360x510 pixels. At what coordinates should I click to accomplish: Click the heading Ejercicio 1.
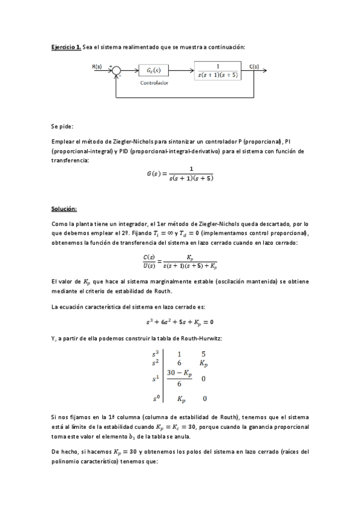coord(66,47)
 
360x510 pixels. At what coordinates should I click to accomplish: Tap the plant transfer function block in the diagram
coord(217,70)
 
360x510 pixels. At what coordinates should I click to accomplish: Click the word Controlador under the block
coord(154,83)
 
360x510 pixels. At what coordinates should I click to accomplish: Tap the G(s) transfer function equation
coord(180,173)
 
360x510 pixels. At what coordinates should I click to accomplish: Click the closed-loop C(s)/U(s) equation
coord(180,260)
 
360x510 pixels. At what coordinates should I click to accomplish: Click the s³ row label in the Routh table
coord(156,354)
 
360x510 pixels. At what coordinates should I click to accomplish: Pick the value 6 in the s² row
coord(179,363)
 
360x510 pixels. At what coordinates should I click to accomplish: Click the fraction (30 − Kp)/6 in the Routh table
coord(179,378)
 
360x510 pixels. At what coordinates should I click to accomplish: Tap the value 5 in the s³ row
coord(204,354)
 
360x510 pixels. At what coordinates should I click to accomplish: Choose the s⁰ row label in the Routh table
coord(156,398)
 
